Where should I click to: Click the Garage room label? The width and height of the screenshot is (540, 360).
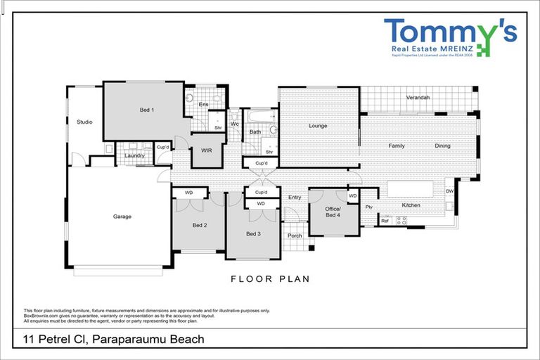(122, 217)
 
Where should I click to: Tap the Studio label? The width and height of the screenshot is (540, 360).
(84, 122)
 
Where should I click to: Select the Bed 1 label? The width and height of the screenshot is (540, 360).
(146, 110)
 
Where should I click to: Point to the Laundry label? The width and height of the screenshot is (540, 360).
(134, 155)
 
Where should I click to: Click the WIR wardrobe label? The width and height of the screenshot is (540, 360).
(207, 150)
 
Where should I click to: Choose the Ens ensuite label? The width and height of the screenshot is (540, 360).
(204, 105)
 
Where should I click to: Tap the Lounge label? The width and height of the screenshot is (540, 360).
(319, 127)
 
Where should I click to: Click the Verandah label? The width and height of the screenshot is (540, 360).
(418, 97)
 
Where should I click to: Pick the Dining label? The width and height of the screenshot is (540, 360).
(442, 146)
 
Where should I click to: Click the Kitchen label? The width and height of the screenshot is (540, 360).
(411, 205)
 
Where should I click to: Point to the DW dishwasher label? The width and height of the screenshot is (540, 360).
(449, 191)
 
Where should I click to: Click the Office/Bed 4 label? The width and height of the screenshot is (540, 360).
(333, 212)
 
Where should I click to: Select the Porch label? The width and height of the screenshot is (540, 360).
(295, 236)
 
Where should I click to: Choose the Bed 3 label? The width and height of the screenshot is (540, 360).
(253, 233)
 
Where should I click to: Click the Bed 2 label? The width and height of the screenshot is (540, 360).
(200, 225)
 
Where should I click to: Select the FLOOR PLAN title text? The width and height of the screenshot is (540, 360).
(270, 279)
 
